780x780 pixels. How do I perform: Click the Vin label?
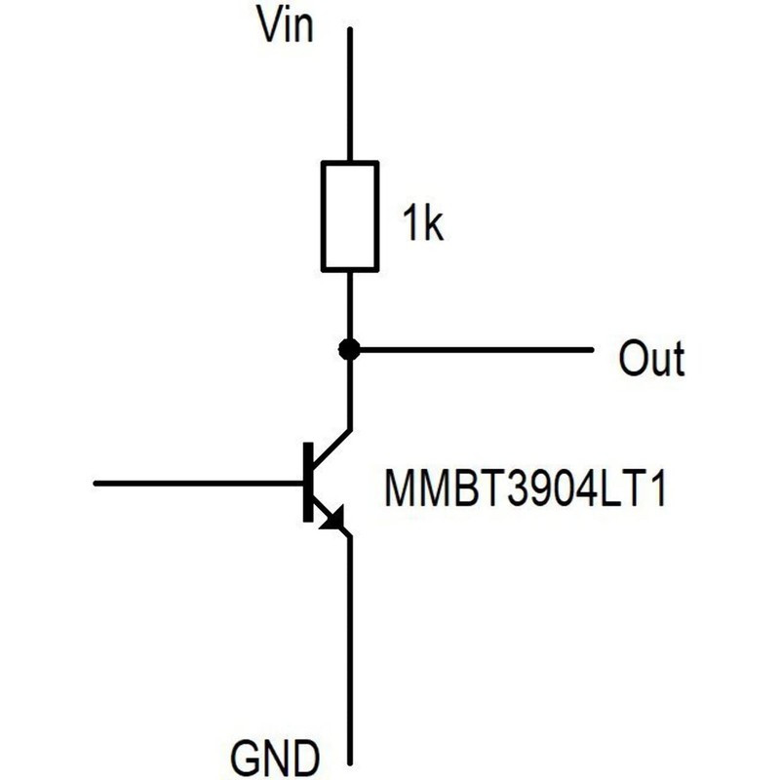pyautogui.click(x=286, y=24)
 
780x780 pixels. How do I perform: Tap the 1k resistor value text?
pyautogui.click(x=423, y=224)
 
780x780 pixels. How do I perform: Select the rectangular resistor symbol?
pyautogui.click(x=350, y=216)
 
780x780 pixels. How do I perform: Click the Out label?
pyautogui.click(x=651, y=357)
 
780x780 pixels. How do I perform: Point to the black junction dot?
pyautogui.click(x=349, y=349)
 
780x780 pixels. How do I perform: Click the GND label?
pyautogui.click(x=275, y=759)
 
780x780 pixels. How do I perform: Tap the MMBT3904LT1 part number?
pyautogui.click(x=525, y=488)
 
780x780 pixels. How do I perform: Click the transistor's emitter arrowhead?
pyautogui.click(x=333, y=520)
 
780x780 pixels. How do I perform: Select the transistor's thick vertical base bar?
pyautogui.click(x=308, y=482)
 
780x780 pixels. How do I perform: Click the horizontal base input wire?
pyautogui.click(x=199, y=483)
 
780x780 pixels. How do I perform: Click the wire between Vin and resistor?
pyautogui.click(x=350, y=95)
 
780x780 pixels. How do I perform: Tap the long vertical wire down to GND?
pyautogui.click(x=350, y=649)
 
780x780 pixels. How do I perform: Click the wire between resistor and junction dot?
pyautogui.click(x=350, y=305)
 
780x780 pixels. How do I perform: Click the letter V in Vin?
pyautogui.click(x=271, y=24)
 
